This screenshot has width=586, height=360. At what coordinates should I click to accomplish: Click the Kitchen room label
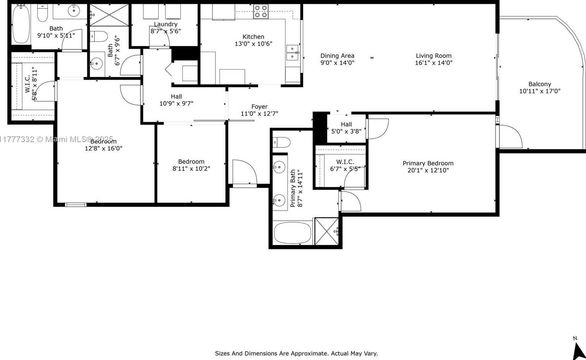pyautogui.click(x=253, y=37)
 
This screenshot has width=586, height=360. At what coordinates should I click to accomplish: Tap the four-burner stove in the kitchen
pyautogui.click(x=261, y=11)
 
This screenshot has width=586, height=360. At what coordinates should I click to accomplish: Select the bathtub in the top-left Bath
pyautogui.click(x=21, y=24)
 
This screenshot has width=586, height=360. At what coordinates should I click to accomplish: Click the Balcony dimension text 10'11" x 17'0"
pyautogui.click(x=540, y=91)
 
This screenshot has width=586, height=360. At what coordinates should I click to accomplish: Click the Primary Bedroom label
pyautogui.click(x=428, y=164)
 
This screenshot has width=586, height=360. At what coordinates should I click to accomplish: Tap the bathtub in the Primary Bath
pyautogui.click(x=292, y=233)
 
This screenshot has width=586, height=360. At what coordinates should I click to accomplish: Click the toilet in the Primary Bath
pyautogui.click(x=281, y=142)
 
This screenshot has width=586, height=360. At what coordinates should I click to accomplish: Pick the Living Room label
pyautogui.click(x=434, y=56)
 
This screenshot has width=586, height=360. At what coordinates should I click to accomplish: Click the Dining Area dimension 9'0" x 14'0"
pyautogui.click(x=337, y=63)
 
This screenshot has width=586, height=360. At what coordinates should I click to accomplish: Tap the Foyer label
pyautogui.click(x=259, y=107)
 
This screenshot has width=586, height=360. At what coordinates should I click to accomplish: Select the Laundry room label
pyautogui.click(x=166, y=24)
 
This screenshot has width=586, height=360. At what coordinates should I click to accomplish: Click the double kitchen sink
pyautogui.click(x=292, y=52)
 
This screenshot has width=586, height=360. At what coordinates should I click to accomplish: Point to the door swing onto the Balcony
pyautogui.click(x=510, y=136)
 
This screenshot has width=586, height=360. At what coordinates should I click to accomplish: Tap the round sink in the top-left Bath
pyautogui.click(x=74, y=11)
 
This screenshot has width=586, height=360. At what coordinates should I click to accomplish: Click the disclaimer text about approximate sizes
pyautogui.click(x=296, y=353)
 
